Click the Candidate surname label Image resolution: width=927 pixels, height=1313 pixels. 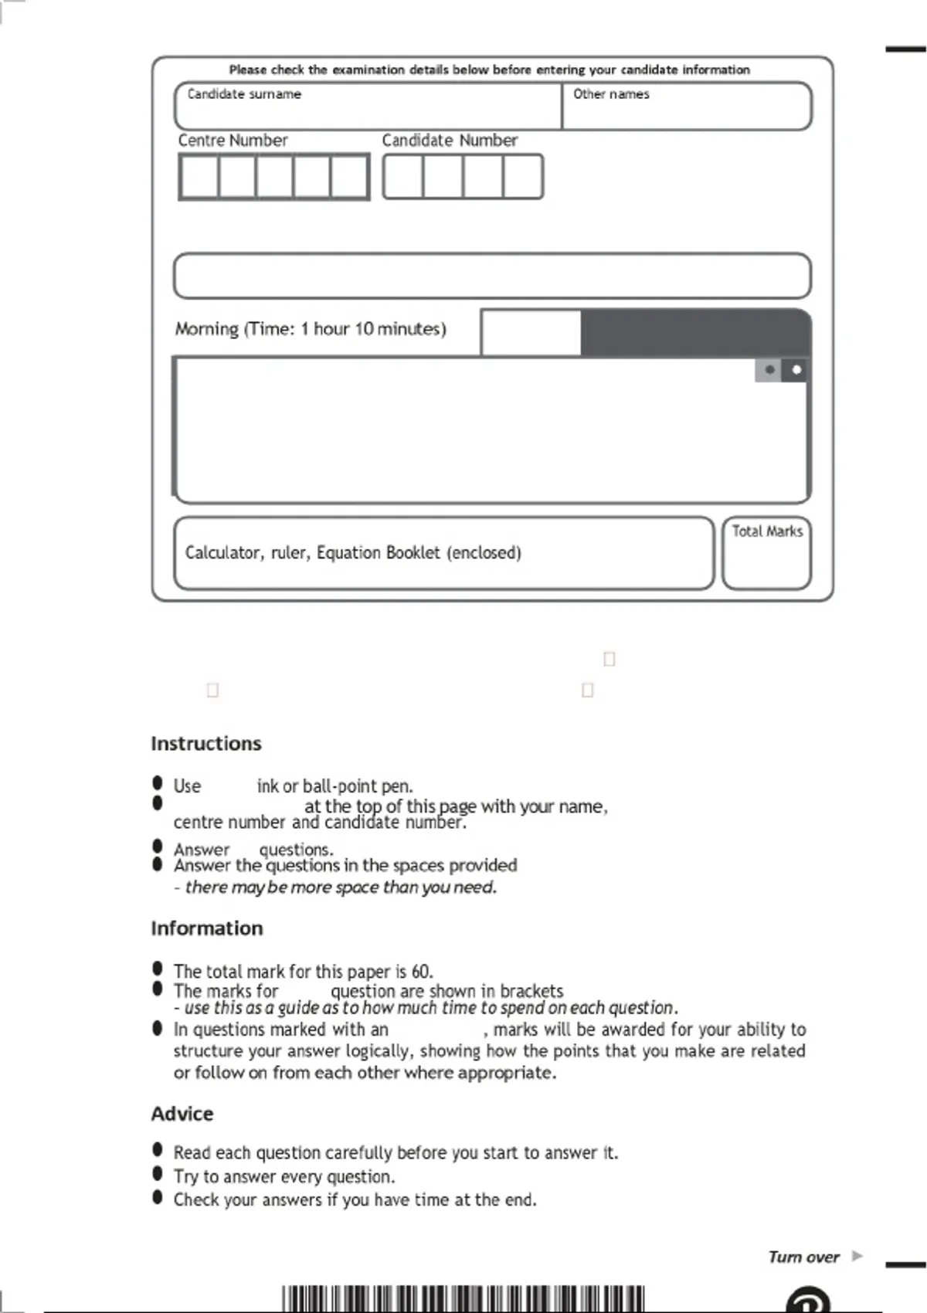[244, 94]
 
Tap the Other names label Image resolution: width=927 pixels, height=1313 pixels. [611, 94]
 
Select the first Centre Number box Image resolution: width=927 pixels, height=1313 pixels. [199, 177]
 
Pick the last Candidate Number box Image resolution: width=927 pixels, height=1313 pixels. [523, 177]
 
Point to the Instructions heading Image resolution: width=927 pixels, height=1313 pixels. [206, 744]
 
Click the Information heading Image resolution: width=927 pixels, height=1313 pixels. [207, 928]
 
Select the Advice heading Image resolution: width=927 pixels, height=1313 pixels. [182, 1114]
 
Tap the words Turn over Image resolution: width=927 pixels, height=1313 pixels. [803, 1257]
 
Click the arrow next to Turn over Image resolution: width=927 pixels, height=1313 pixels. [857, 1256]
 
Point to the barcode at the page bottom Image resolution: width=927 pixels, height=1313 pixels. [463, 1299]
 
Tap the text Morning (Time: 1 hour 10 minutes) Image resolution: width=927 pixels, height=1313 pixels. [311, 329]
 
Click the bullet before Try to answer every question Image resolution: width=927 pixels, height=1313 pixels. [158, 1175]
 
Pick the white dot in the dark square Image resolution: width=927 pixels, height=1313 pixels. [796, 370]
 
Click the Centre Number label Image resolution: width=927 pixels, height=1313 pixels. [233, 141]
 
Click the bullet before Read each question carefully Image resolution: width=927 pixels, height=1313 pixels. [158, 1151]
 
